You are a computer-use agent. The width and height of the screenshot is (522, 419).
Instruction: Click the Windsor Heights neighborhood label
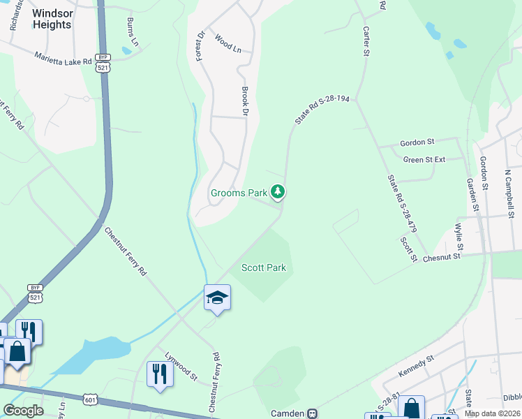[x=52, y=19]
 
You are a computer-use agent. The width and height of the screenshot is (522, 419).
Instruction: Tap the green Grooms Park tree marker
[x=278, y=191]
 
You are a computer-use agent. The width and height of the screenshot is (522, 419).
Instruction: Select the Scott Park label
[x=264, y=267]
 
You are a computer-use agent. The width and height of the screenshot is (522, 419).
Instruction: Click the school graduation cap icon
[x=218, y=298]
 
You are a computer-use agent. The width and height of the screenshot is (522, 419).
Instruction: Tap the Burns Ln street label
[x=132, y=32]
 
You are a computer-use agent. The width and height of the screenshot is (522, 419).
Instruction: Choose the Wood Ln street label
[x=228, y=44]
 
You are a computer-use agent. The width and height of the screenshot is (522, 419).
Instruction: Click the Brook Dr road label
[x=245, y=101]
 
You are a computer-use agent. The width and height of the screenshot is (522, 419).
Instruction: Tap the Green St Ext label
[x=424, y=159]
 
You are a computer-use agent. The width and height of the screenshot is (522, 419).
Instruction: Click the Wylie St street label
[x=459, y=237]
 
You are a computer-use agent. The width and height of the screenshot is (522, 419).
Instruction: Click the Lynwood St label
[x=181, y=365]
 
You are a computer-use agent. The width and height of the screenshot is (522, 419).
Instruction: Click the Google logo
[x=24, y=411]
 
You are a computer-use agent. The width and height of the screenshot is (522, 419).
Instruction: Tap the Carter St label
[x=365, y=41]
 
